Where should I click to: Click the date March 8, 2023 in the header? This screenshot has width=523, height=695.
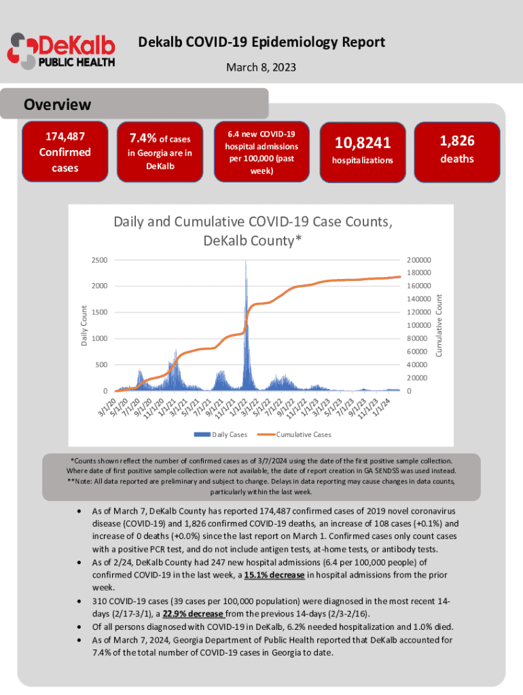tap(261, 69)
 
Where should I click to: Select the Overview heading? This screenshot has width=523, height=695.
tap(57, 105)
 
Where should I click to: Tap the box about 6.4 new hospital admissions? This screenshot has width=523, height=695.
tap(261, 151)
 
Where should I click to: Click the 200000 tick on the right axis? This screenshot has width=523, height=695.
tap(419, 260)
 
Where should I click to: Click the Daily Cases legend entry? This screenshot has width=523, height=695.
tap(221, 434)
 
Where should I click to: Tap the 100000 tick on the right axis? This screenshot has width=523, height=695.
tap(419, 326)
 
